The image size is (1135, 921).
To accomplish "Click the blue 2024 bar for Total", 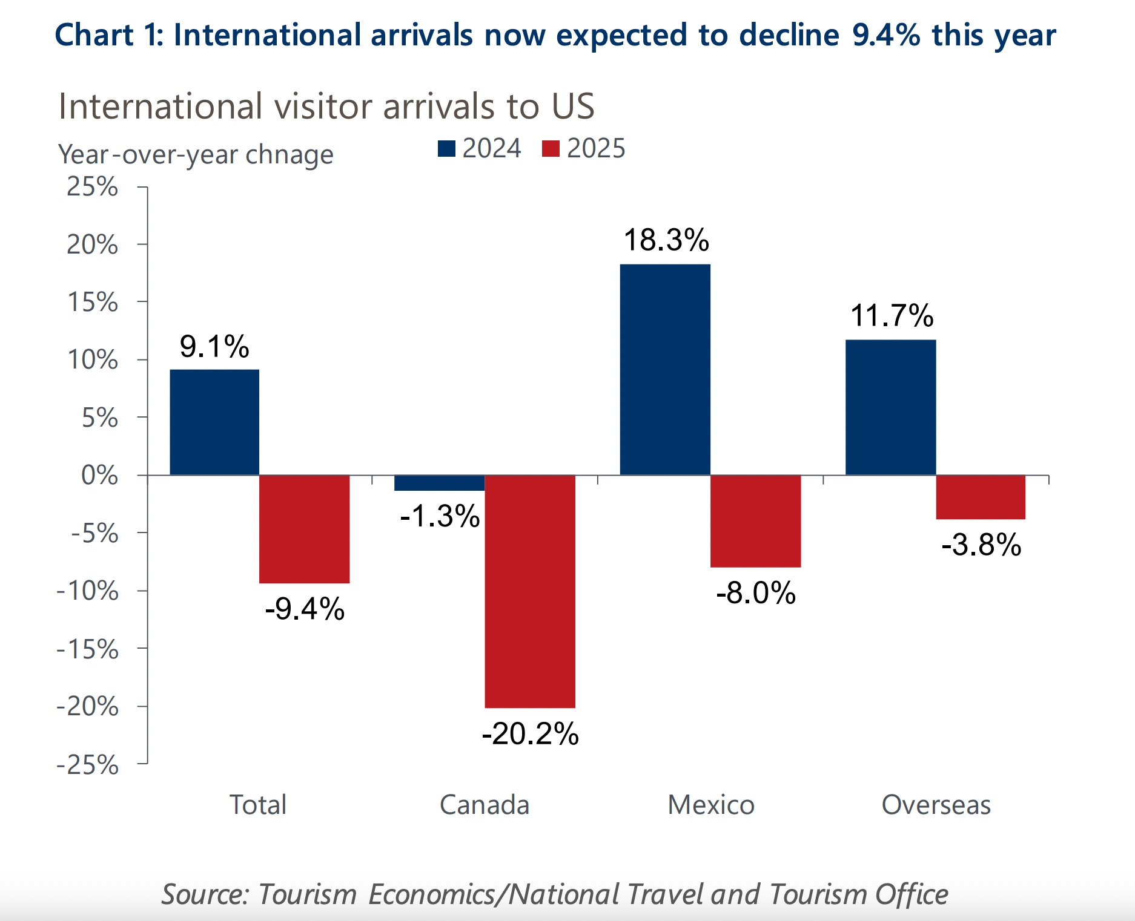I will pos(214,422).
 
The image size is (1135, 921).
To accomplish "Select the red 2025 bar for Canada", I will pos(530,591).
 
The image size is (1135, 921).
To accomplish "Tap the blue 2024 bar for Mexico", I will pos(665,369).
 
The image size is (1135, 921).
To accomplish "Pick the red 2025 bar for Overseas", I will pos(981,497).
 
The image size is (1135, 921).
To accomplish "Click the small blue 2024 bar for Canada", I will pos(439,483).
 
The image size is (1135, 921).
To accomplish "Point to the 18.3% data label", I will pos(666,240).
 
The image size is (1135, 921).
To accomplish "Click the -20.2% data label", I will pos(530,734).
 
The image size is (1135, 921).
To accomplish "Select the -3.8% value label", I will pos(981,545).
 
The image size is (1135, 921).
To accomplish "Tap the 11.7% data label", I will pos(892,316).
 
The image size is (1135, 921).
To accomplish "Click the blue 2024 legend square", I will pos(446,149).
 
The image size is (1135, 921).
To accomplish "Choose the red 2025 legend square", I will pos(551,149).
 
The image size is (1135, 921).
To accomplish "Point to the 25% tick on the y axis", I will pos(92,187).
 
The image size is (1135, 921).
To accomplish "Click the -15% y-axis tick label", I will pos(88,649).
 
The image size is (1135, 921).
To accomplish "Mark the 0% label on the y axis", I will pos(99,476).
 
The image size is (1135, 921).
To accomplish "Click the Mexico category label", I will pos(711,805).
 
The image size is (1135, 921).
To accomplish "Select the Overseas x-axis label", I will pos(936,805).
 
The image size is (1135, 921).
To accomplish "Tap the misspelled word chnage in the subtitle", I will pos(290,155).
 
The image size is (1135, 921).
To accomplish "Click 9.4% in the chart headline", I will pos(886,35).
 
